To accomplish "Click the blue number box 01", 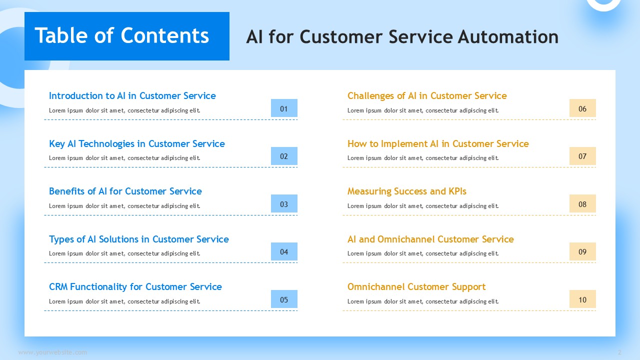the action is (x=284, y=108).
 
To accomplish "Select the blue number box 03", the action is (x=284, y=203).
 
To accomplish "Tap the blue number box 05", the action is (x=284, y=299).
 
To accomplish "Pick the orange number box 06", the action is (x=582, y=108).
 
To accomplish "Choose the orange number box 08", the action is (x=582, y=203).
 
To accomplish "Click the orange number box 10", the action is (x=582, y=299).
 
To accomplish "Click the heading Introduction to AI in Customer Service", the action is (x=132, y=95).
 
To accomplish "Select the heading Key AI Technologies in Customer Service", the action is (x=137, y=143).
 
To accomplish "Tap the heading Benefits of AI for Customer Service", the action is (x=125, y=191).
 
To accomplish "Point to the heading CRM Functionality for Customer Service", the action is (x=135, y=286).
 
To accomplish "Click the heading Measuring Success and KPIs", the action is (x=407, y=191).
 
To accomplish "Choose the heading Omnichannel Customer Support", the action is (x=416, y=286).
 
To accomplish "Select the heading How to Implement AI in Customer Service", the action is (x=438, y=143).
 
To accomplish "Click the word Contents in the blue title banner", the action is (x=165, y=35).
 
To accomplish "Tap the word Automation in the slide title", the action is (x=508, y=37).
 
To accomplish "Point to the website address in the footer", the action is (x=52, y=352).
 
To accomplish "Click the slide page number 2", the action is (x=619, y=352).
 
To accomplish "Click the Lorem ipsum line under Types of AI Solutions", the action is (x=124, y=253).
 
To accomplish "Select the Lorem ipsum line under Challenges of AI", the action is (x=423, y=110).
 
